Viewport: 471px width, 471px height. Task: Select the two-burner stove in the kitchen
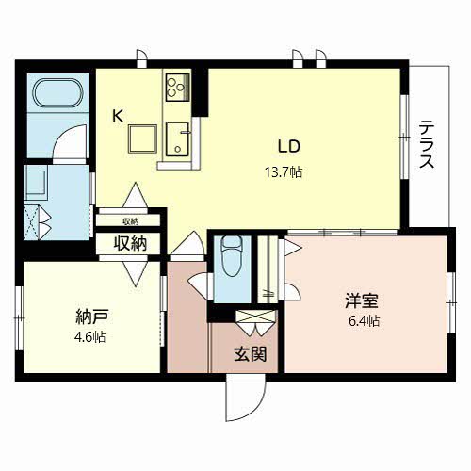[176, 89]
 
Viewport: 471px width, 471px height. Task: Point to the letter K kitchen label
[118, 117]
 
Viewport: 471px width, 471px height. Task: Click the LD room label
[287, 147]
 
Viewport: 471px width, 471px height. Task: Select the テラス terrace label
[427, 143]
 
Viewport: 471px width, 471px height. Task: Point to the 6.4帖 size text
[362, 322]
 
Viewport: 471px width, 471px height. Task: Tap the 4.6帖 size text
[89, 336]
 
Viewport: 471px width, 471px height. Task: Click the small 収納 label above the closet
[129, 221]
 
